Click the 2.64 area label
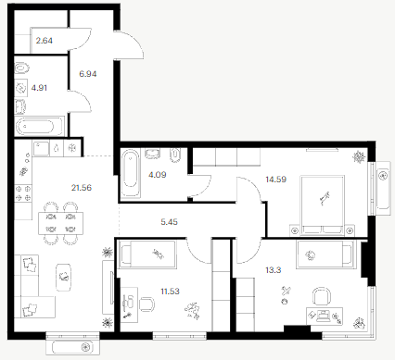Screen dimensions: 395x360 45,41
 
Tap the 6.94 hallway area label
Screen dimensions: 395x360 88,74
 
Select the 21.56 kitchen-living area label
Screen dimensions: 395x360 82,188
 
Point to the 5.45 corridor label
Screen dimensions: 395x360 170,222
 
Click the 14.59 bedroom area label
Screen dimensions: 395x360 276,180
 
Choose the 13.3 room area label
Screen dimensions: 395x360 274,270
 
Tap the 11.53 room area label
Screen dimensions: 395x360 171,292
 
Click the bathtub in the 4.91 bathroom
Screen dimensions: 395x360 39,127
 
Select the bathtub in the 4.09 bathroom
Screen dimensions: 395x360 131,173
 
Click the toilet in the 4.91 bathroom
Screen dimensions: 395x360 22,68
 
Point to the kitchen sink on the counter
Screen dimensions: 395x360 41,149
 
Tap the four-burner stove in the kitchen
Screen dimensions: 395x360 23,193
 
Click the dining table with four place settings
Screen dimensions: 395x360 61,223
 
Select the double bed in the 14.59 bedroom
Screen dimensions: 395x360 322,205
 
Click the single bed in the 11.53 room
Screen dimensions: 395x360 148,254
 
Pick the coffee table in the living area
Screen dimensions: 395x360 63,277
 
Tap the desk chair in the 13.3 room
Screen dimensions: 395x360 322,296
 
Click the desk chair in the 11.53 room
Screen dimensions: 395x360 147,304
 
